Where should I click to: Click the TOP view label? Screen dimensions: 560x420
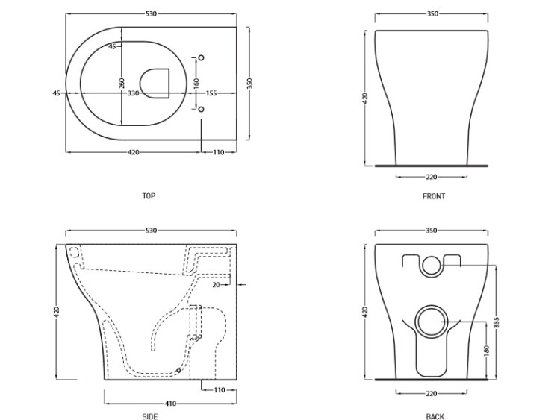149,196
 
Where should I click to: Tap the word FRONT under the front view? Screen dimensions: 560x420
434,196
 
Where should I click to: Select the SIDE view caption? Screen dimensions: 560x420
149,416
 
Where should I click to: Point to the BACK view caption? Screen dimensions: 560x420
435,416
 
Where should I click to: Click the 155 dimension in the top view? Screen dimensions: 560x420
211,93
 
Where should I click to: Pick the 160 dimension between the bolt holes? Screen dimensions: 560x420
196,83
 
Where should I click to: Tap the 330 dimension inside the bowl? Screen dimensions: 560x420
133,93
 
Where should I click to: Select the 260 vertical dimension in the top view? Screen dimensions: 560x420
122,83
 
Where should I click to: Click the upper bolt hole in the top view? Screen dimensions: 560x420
201,57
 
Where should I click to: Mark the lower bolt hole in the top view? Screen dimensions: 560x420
201,109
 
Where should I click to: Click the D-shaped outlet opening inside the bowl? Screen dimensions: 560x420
155,83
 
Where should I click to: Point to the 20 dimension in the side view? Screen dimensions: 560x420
216,285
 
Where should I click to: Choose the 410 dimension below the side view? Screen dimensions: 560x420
171,404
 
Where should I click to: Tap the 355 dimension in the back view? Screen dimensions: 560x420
497,322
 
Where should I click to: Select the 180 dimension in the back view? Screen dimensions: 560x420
486,350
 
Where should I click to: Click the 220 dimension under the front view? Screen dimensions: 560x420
432,177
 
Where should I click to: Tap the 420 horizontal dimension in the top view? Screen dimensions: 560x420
133,152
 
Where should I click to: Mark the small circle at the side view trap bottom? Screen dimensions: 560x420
179,371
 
